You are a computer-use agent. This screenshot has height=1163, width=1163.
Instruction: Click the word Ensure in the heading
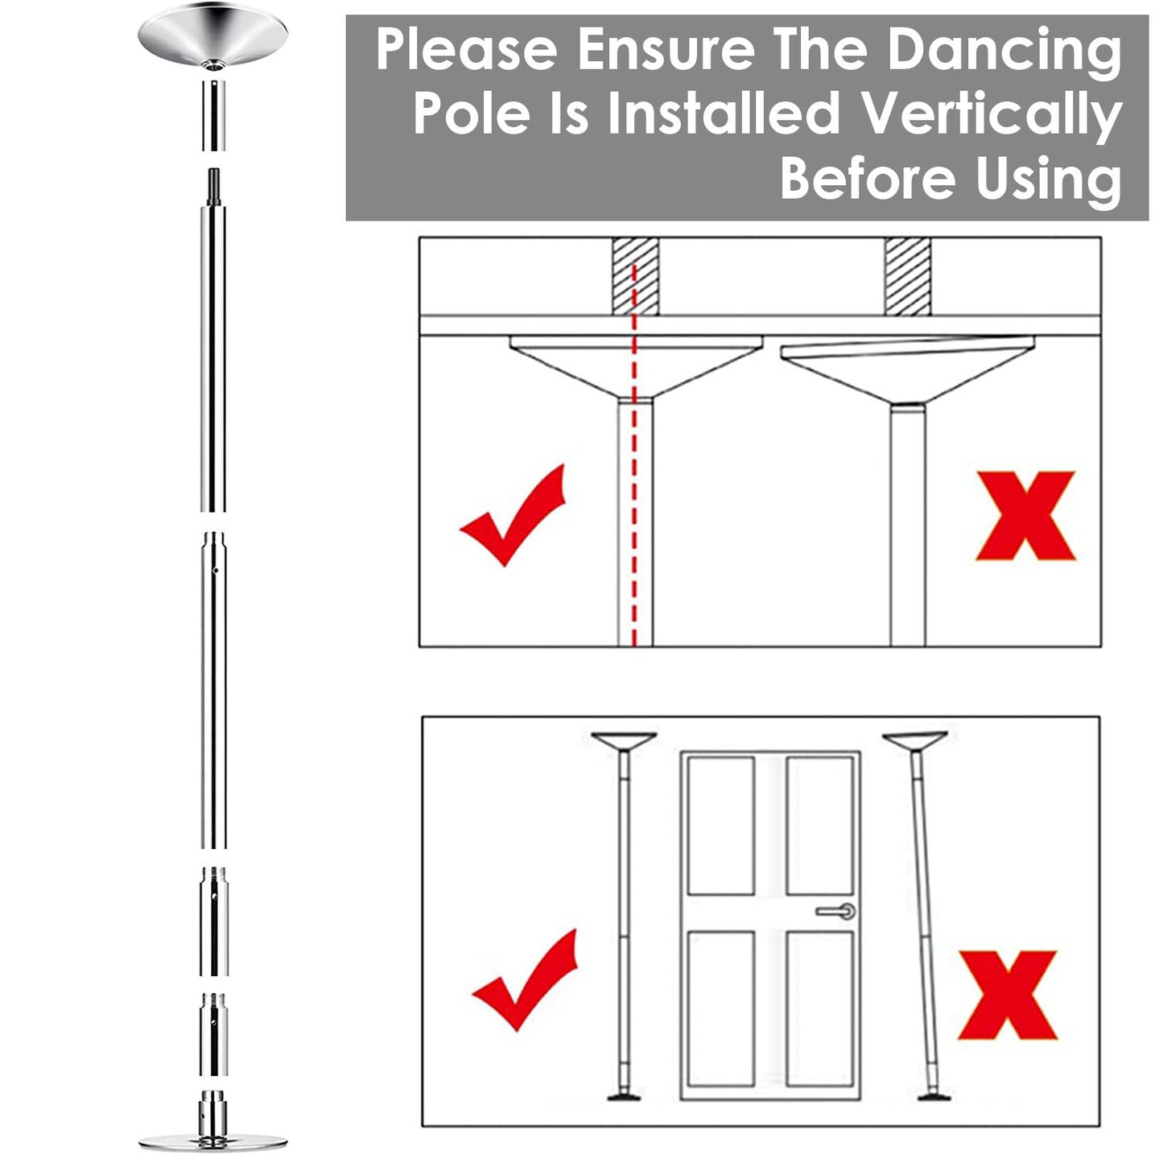[x=666, y=50]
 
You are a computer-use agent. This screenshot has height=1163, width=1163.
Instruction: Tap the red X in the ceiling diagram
[x=1025, y=516]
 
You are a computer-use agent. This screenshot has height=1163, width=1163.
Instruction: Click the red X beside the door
[x=1007, y=995]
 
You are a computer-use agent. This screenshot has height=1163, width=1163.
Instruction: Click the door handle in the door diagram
[x=837, y=911]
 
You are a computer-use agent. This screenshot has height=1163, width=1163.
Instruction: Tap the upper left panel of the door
[x=721, y=824]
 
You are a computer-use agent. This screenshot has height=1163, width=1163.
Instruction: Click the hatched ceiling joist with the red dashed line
[x=635, y=277]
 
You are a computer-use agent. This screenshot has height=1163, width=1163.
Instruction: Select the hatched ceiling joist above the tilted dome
[x=907, y=277]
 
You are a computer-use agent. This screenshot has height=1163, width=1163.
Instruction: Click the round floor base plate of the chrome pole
[x=212, y=1141]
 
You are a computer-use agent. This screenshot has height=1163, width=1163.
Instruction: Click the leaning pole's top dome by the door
[x=914, y=740]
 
